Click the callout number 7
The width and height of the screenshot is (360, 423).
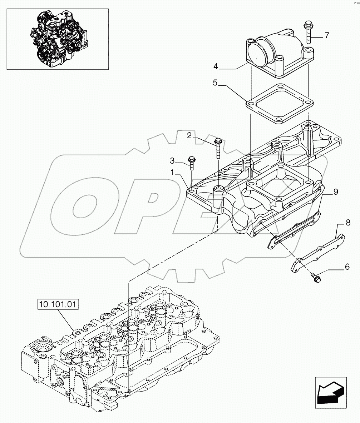[327, 35]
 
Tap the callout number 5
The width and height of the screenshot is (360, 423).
[215, 83]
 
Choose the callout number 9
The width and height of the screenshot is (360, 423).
[336, 192]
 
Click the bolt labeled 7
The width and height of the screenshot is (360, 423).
[307, 33]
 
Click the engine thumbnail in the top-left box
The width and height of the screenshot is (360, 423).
[58, 39]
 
